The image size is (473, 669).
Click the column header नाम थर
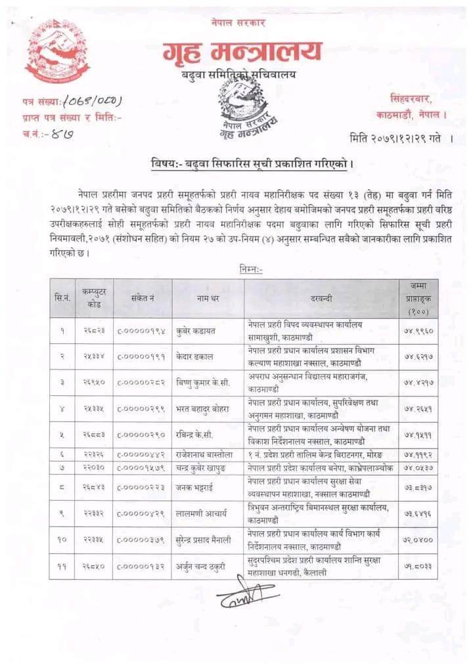208,298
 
